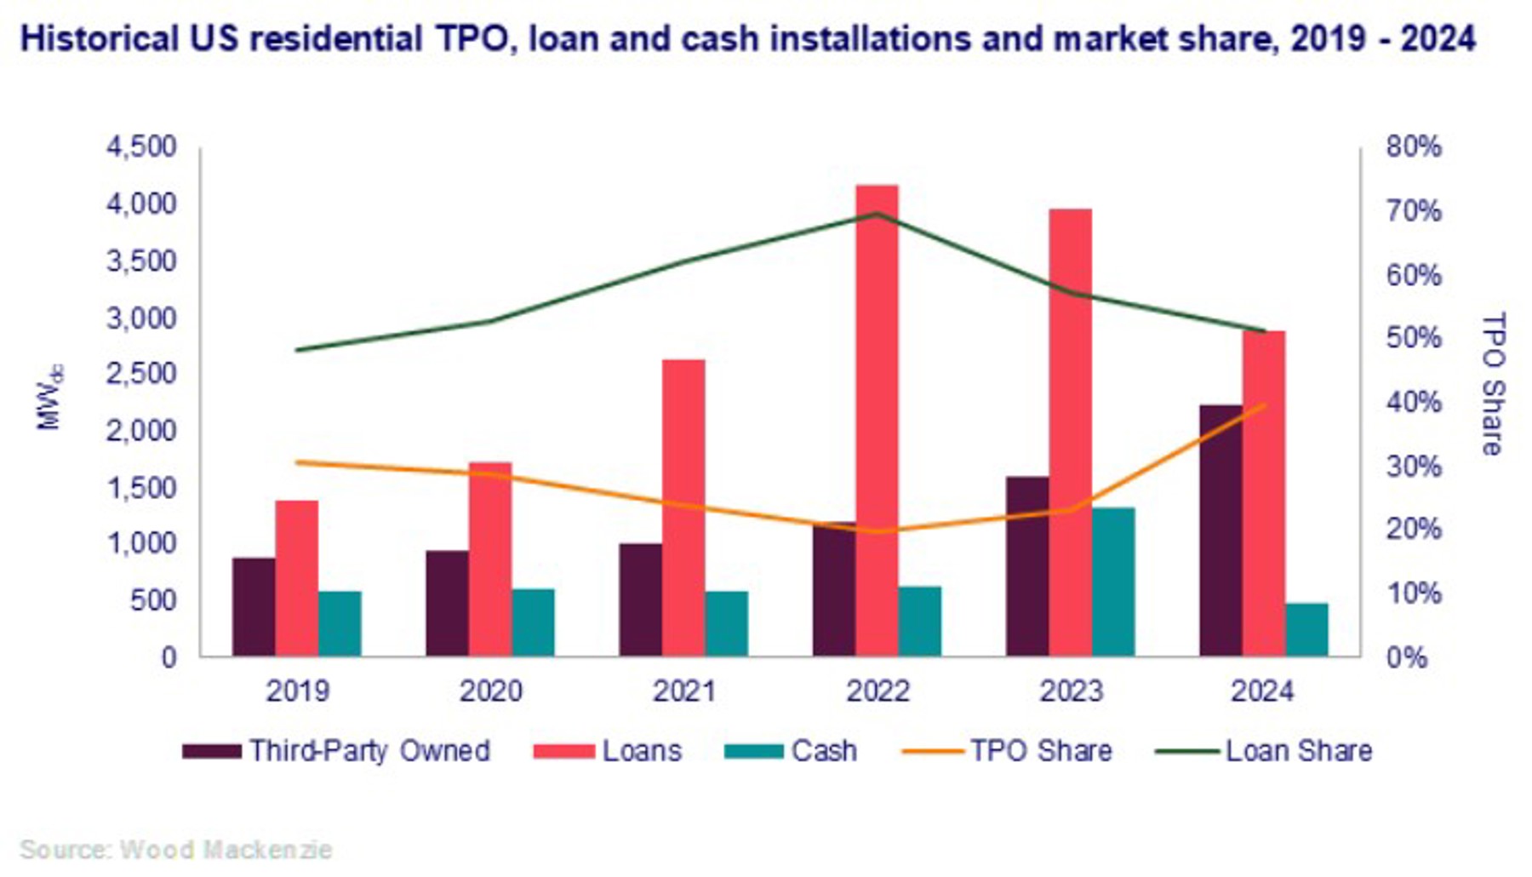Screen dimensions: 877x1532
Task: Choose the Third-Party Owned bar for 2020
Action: tap(447, 604)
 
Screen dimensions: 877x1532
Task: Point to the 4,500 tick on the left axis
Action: tap(141, 146)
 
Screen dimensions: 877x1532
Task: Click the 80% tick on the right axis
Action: tap(1414, 146)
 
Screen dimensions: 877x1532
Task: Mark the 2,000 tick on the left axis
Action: tap(141, 431)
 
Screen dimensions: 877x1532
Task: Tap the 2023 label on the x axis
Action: tap(1071, 691)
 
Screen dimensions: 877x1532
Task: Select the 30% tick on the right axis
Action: tap(1414, 467)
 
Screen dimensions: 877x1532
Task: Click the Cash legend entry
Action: tap(792, 751)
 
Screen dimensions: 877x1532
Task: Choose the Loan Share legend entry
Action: tap(1265, 751)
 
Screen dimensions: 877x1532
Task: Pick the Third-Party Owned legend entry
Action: tap(337, 751)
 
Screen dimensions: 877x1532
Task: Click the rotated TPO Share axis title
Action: tap(1493, 383)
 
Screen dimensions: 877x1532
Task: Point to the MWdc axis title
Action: tap(49, 398)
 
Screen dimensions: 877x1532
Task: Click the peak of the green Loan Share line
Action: tap(877, 214)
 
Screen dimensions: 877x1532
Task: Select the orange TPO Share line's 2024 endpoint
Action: tap(1265, 404)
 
